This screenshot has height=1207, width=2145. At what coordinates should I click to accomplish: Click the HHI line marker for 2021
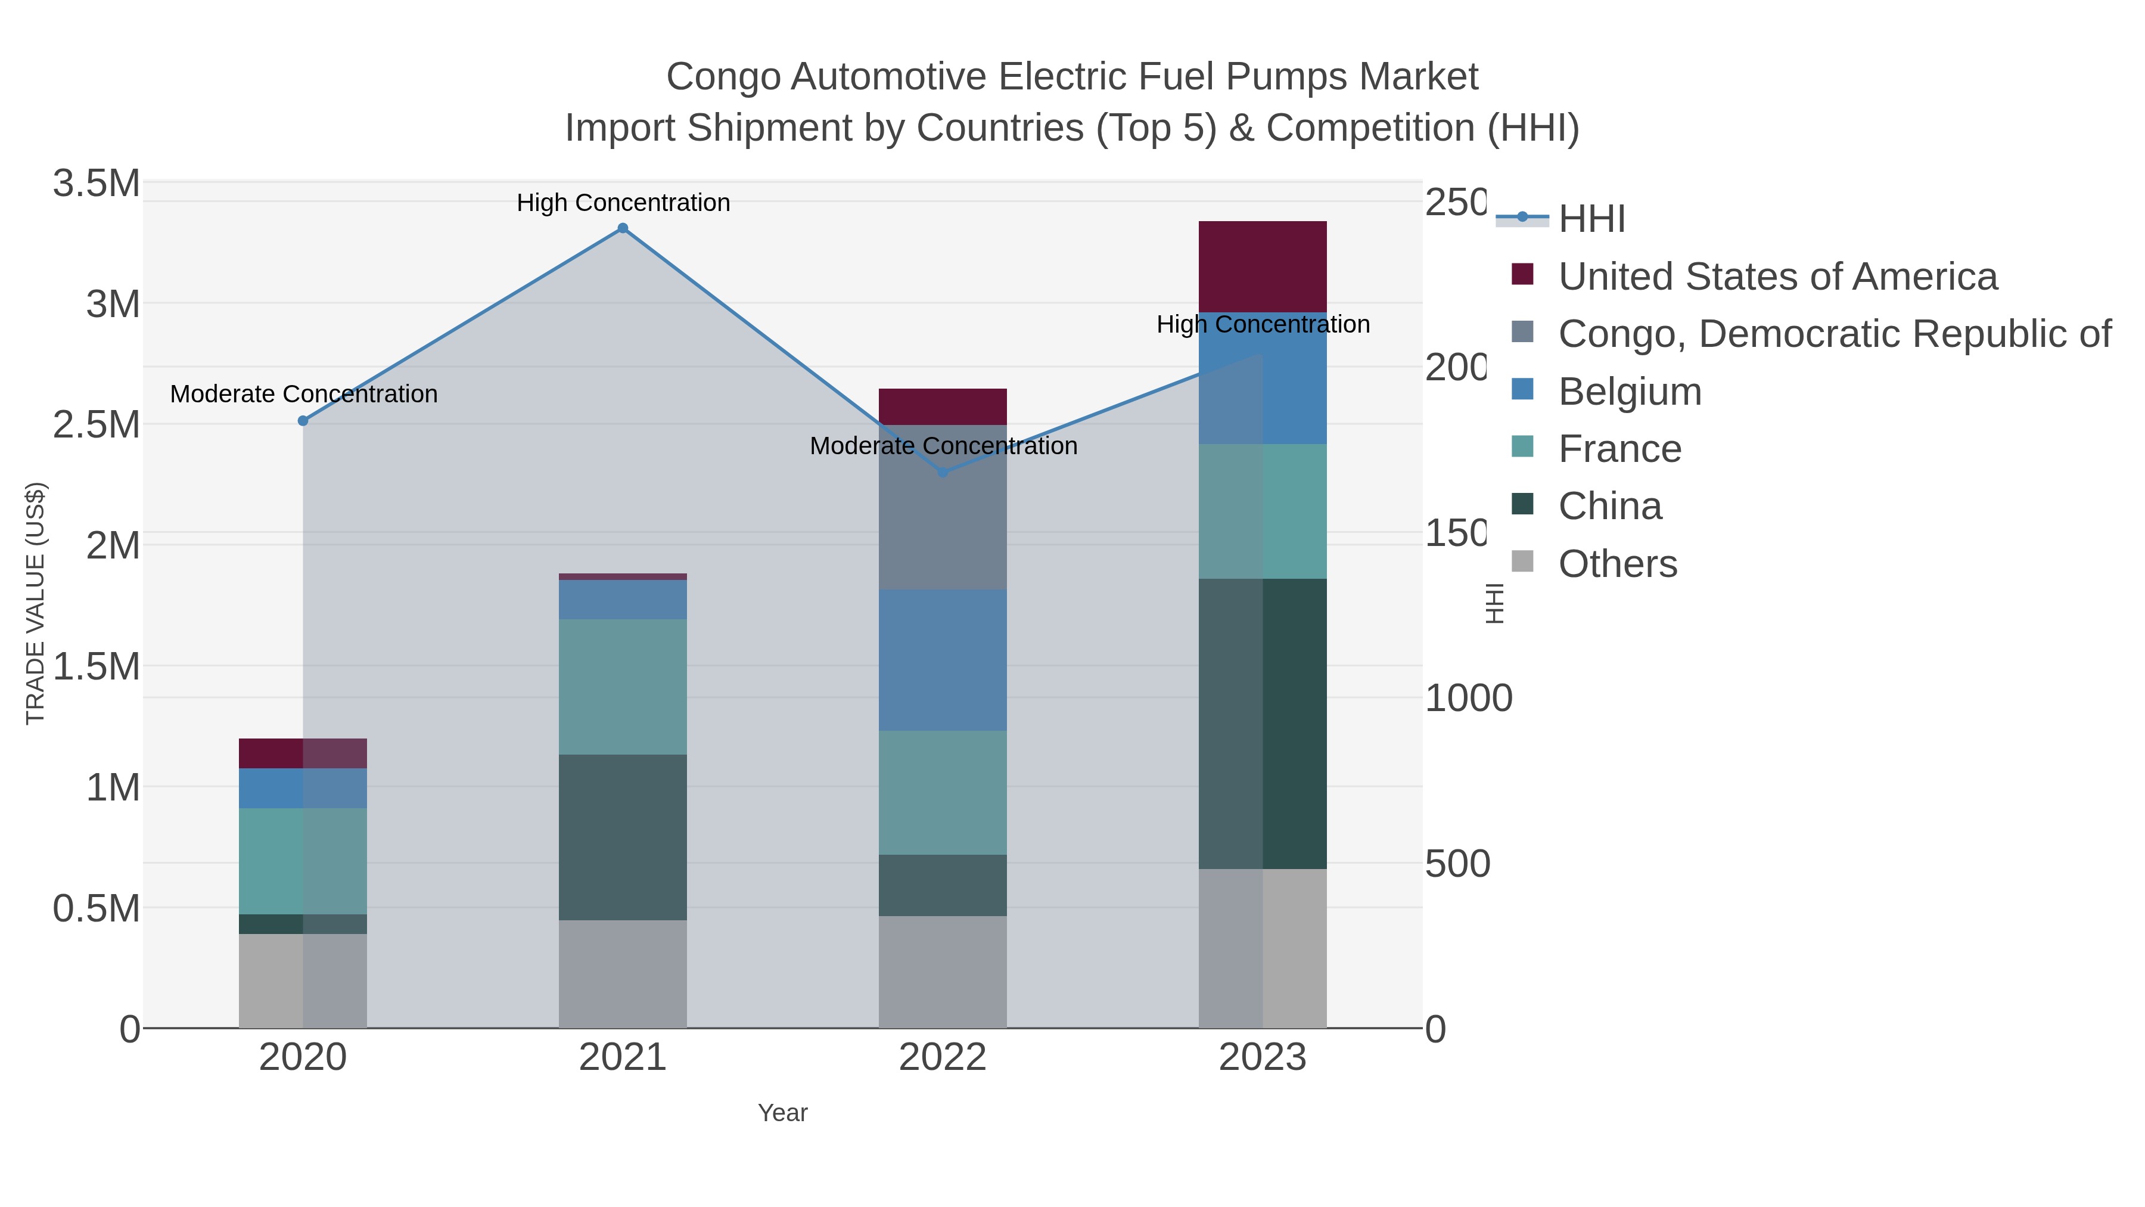tap(622, 228)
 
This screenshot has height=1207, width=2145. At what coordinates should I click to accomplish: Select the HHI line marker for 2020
tap(303, 421)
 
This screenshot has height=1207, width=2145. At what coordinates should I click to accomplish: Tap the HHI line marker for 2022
tap(943, 472)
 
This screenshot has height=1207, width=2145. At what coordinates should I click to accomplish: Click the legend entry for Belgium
tap(1630, 392)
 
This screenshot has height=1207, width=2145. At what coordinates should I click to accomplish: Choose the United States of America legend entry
tap(1777, 277)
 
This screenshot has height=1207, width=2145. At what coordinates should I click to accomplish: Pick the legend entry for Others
tap(1617, 564)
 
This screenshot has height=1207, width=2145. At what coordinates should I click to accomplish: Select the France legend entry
tap(1619, 449)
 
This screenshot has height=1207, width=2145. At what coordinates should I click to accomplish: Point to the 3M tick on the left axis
tap(113, 304)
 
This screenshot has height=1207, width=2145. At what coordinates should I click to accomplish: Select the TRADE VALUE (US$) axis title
tap(35, 603)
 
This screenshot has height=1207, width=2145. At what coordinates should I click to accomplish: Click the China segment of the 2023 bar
tap(1263, 723)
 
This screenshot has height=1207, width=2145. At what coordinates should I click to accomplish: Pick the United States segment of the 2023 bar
tap(1263, 266)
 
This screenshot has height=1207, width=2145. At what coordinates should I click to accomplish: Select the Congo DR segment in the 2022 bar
tap(943, 507)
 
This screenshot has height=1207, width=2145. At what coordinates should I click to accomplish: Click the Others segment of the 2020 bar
tap(303, 981)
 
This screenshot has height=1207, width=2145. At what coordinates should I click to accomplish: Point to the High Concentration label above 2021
tap(623, 203)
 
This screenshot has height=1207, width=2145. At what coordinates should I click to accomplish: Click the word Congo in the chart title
tap(723, 77)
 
